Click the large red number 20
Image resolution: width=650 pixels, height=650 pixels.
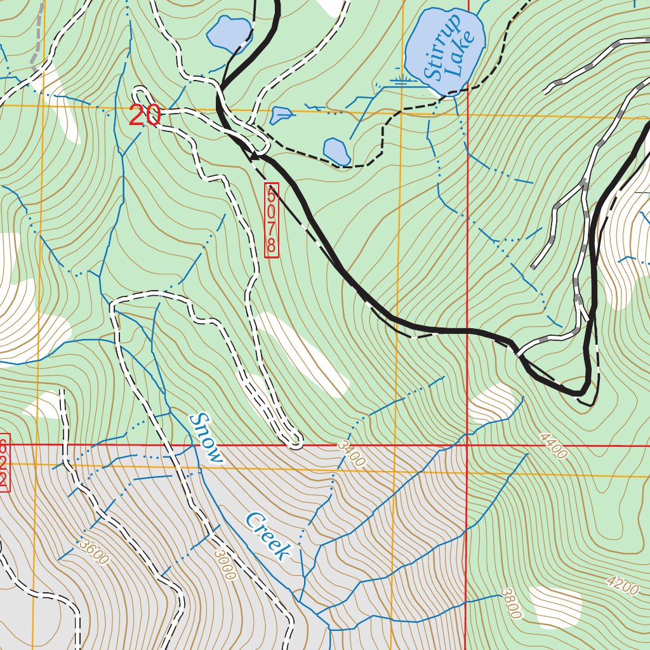145,116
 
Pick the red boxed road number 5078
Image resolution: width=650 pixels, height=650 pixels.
272,220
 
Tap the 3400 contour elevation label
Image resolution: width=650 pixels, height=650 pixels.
352,454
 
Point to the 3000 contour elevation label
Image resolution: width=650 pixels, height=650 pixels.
224,564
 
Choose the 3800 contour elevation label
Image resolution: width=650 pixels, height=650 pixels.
510,603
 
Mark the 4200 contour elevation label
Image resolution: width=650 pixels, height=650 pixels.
621,586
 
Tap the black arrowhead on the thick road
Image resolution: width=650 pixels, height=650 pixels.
256,154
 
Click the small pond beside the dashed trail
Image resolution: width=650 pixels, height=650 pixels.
336,151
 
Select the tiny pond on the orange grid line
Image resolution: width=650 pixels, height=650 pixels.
281,115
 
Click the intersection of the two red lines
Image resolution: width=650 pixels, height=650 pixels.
467,446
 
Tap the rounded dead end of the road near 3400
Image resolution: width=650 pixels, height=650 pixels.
294,440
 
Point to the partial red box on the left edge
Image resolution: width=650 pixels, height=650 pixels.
4,461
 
